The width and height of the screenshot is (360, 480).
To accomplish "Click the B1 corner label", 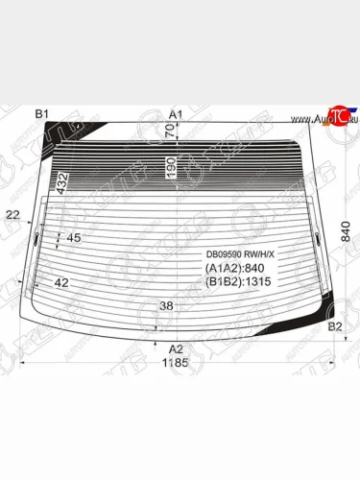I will coord(41,114).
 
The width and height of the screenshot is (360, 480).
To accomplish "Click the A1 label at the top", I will coord(176,114).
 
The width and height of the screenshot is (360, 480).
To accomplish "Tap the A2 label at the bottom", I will coord(176,348).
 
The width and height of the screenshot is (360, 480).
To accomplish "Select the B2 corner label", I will coord(335,327).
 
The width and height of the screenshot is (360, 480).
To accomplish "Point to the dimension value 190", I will coord(170,167).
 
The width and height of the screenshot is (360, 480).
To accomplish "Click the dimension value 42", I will coord(61,282).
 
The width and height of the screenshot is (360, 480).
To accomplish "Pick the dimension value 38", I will coord(166,306).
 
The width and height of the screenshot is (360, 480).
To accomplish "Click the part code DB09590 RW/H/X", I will coord(241,254).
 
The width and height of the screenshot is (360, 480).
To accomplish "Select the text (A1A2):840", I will coord(234,268).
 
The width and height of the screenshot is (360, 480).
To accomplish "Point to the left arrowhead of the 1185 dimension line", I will coord(24,364).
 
